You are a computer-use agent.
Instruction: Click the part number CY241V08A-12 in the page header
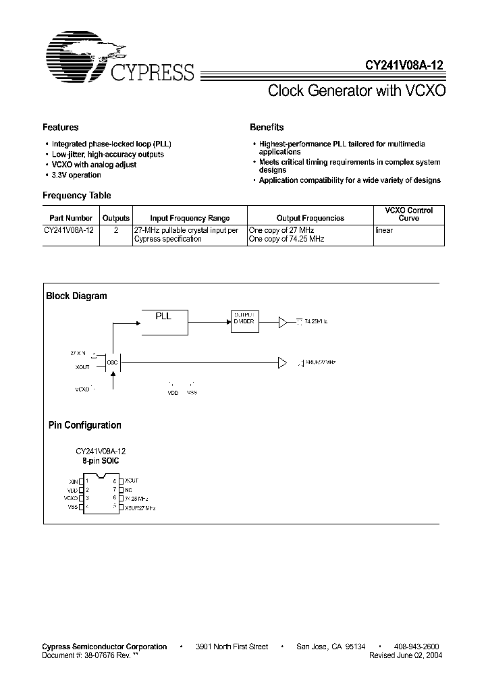(400, 66)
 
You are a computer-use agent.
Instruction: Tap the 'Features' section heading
(60, 127)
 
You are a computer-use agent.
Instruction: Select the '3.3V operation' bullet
(76, 175)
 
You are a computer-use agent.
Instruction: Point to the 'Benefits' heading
(267, 127)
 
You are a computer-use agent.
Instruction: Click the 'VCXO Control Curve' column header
(409, 214)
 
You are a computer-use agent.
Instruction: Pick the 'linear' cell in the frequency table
(384, 231)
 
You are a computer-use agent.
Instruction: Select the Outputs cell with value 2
(115, 231)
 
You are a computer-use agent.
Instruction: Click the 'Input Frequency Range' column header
(190, 218)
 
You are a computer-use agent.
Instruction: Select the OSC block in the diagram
(112, 362)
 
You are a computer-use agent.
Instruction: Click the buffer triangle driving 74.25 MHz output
(283, 323)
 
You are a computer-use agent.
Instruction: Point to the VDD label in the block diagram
(173, 393)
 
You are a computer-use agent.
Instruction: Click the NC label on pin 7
(128, 489)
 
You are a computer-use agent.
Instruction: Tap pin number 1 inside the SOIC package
(88, 481)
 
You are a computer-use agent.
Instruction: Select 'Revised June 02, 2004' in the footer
(407, 655)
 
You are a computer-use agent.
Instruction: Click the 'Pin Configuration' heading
(84, 425)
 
